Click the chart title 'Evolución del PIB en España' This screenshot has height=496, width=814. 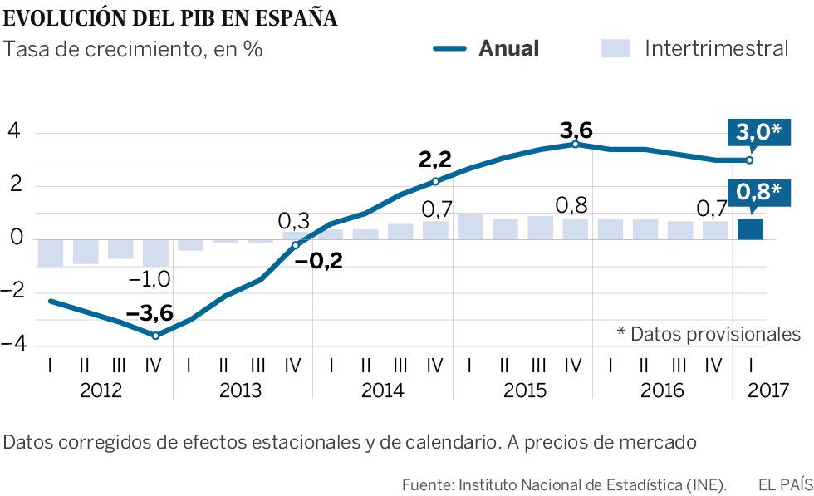[x=170, y=18]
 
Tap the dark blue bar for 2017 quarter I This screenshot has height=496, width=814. [x=751, y=229]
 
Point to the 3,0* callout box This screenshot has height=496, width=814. [x=758, y=133]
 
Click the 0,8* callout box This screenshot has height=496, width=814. [x=758, y=193]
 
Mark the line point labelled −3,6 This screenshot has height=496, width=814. [x=155, y=336]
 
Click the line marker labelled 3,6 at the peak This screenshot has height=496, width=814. [x=576, y=145]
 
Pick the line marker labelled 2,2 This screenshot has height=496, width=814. [x=435, y=181]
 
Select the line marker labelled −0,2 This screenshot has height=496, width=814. [x=296, y=245]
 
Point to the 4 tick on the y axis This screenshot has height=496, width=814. [x=14, y=133]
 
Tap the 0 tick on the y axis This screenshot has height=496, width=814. [x=14, y=240]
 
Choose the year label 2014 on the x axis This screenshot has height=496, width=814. [x=383, y=390]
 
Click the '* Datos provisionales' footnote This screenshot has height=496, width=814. [x=709, y=334]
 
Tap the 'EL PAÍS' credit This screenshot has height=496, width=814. [x=784, y=484]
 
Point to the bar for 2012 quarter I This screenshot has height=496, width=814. [x=51, y=253]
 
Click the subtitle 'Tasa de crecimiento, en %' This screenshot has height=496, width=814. [x=134, y=49]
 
